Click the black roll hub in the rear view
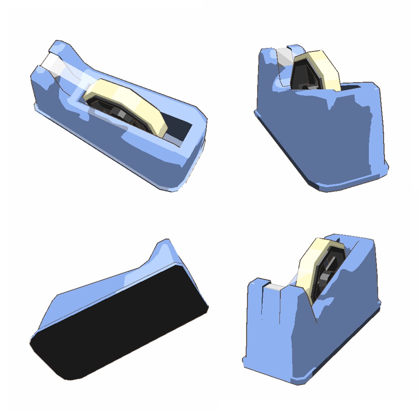(304, 75)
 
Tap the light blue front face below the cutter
(268, 335)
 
